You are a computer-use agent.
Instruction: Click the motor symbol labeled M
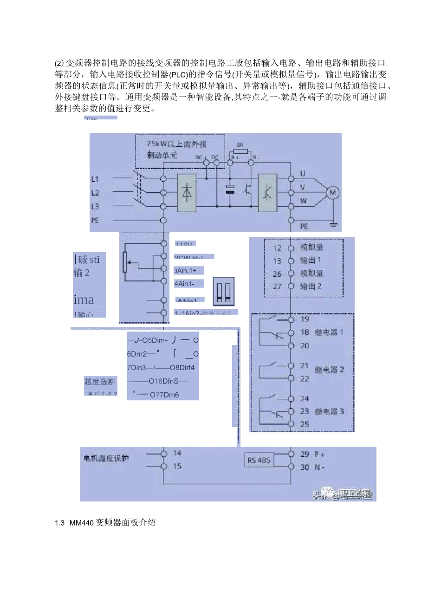click(x=333, y=192)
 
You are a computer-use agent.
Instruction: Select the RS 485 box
click(x=259, y=460)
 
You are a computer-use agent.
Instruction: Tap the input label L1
click(x=95, y=179)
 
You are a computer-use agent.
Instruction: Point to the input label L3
click(x=95, y=206)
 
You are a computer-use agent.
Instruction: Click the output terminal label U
click(x=303, y=174)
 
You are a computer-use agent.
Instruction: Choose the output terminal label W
click(x=303, y=201)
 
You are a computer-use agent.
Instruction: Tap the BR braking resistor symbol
click(x=240, y=151)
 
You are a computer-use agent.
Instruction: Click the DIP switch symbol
click(x=223, y=291)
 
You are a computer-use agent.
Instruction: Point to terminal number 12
click(x=277, y=248)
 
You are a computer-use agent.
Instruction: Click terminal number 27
click(x=277, y=286)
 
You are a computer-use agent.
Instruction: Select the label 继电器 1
click(x=329, y=332)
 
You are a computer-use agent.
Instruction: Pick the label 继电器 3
click(x=329, y=411)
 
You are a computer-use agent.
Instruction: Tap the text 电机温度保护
click(x=106, y=458)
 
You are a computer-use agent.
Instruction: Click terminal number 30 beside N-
click(x=305, y=467)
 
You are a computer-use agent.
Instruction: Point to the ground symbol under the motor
click(x=333, y=225)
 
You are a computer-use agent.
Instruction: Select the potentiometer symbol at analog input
click(x=125, y=262)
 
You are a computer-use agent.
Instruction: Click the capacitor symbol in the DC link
click(x=230, y=189)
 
